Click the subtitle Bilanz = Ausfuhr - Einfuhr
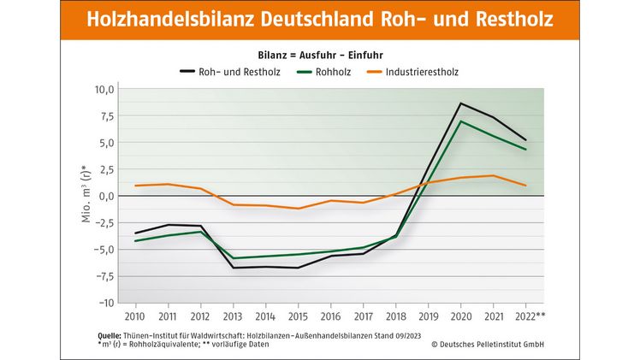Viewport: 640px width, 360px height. pyautogui.click(x=319, y=55)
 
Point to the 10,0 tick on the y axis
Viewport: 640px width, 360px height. pyautogui.click(x=104, y=89)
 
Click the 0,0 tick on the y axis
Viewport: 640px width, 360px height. pyautogui.click(x=106, y=196)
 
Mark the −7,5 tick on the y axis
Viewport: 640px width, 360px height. pyautogui.click(x=103, y=276)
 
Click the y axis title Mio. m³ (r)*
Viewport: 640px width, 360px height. pyautogui.click(x=85, y=195)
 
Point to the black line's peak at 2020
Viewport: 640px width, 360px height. pyautogui.click(x=461, y=103)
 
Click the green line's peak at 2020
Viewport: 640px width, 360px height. pyautogui.click(x=461, y=121)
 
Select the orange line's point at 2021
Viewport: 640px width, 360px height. pyautogui.click(x=494, y=175)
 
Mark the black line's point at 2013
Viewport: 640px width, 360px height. pyautogui.click(x=233, y=268)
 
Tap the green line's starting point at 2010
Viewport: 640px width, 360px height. pyautogui.click(x=135, y=241)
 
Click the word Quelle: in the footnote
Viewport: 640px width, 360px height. pyautogui.click(x=109, y=335)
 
